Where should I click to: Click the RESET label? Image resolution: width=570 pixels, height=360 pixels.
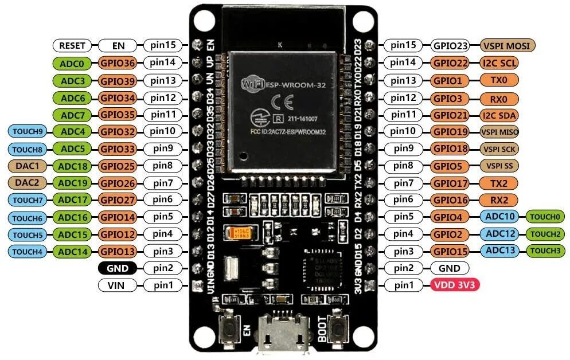[72, 45]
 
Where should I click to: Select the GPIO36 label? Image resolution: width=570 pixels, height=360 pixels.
[118, 63]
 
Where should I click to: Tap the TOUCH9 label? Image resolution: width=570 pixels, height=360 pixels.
[27, 131]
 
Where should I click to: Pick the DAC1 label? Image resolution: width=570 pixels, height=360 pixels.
[27, 166]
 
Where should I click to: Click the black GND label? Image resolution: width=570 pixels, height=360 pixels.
[117, 268]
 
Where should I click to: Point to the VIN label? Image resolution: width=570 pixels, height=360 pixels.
[117, 285]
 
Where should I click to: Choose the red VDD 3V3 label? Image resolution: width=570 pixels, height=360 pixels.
[450, 285]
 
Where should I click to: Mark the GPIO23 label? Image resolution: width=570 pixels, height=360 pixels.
[450, 45]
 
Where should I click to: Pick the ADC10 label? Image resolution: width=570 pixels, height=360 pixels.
[502, 217]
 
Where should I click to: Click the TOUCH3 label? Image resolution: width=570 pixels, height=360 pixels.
[546, 251]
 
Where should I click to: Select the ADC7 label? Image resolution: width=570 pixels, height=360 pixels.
[72, 115]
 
